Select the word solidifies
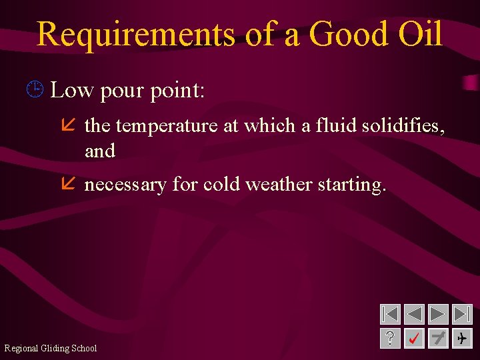pyautogui.click(x=403, y=125)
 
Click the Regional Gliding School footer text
pyautogui.click(x=51, y=348)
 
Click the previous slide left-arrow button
pyautogui.click(x=414, y=314)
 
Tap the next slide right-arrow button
pyautogui.click(x=438, y=314)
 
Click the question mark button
pyautogui.click(x=390, y=339)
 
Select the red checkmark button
pyautogui.click(x=414, y=339)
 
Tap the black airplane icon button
pyautogui.click(x=462, y=339)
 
